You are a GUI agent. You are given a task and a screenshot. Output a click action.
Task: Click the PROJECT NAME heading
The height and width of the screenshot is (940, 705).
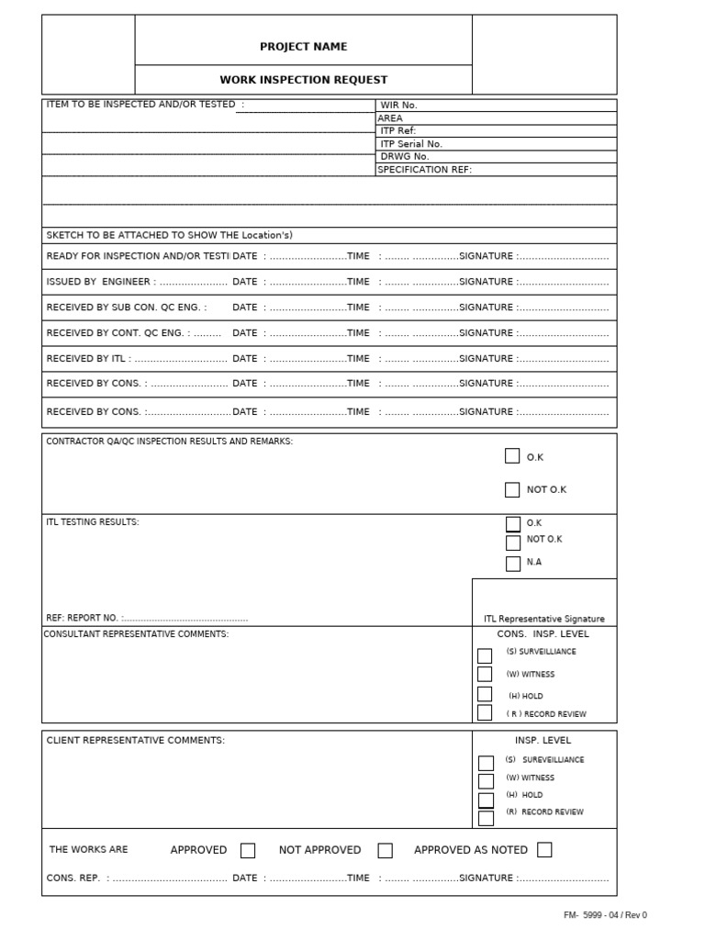coord(303,47)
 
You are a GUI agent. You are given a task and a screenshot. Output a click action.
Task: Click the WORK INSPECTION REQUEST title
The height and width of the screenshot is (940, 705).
coord(303,80)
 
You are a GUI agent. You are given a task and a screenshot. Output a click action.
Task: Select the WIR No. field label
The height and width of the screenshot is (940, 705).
coord(398,106)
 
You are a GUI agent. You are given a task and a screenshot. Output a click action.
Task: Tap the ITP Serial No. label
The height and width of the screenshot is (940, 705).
coord(411,144)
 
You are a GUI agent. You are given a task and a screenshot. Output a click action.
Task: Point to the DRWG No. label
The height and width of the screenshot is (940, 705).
coord(405,157)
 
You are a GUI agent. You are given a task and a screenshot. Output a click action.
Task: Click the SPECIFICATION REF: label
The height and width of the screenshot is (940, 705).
coord(424,170)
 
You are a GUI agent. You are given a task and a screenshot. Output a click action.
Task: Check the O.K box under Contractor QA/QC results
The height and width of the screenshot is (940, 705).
coord(512,456)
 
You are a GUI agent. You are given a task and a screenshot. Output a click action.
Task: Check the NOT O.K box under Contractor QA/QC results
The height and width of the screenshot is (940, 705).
coord(512,489)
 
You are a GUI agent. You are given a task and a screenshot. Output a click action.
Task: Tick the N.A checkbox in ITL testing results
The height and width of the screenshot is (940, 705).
coord(513,563)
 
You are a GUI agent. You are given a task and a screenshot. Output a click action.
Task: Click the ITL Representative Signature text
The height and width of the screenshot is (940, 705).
coord(544,619)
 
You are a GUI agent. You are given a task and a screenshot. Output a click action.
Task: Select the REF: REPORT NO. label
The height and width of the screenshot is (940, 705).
coord(84,619)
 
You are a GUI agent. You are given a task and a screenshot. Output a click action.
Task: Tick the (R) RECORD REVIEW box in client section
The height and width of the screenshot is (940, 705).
coord(486,817)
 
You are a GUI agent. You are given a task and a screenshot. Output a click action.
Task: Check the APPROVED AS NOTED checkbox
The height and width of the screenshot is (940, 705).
coord(544,850)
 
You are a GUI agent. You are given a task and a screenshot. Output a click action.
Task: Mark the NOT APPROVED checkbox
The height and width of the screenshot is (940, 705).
coord(386,850)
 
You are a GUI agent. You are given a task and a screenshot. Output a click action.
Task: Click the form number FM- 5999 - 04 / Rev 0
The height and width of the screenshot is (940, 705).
coord(605,915)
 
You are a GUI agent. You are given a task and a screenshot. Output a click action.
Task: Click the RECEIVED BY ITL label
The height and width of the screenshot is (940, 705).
coord(88,359)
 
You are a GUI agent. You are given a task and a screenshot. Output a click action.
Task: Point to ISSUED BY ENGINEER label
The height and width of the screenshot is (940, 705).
coord(99,282)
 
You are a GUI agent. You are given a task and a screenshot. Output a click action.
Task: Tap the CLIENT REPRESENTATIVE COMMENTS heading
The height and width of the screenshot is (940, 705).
coord(135,740)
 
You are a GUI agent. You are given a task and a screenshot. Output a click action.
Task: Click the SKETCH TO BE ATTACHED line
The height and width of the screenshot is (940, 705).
coord(170,236)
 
